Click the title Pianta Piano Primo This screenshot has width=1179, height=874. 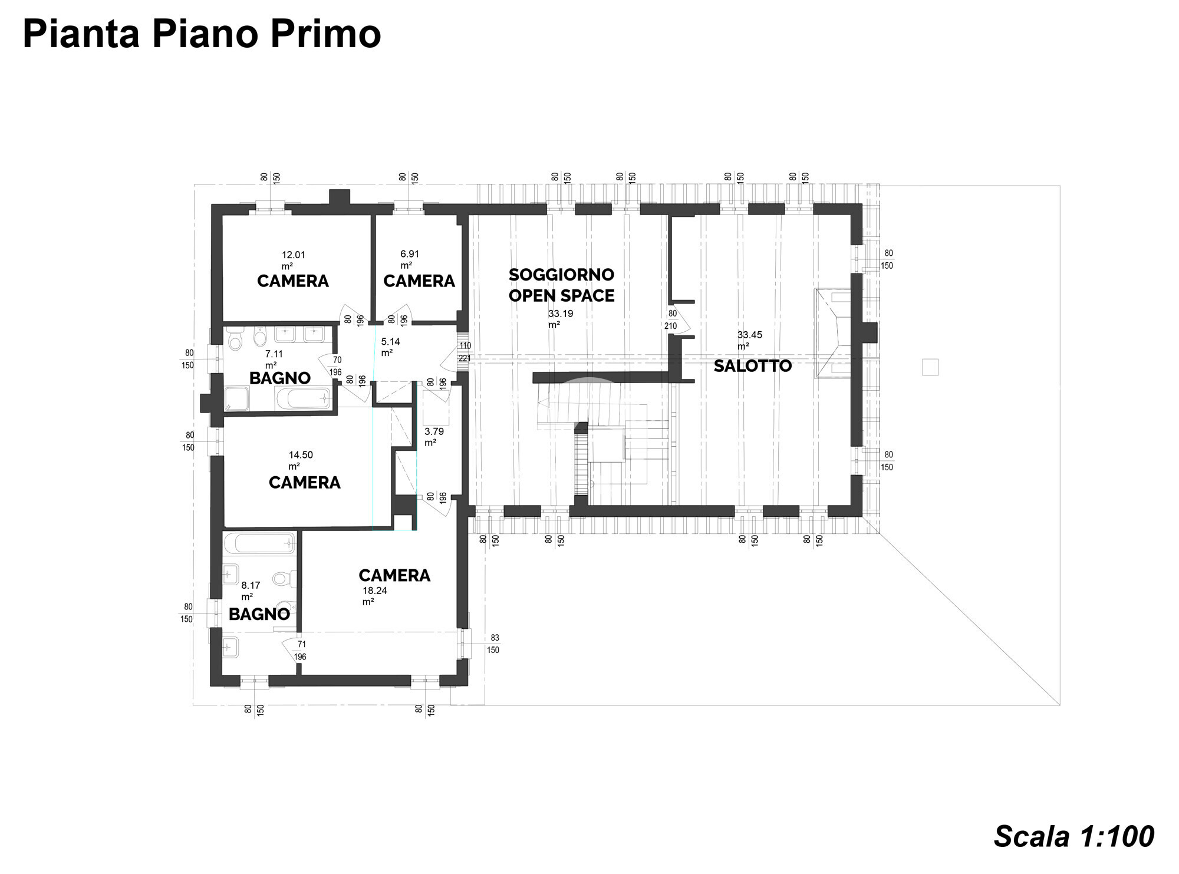pos(202,34)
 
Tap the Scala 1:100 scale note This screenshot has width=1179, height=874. pos(1073,836)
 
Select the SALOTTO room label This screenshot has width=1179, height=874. pos(753,366)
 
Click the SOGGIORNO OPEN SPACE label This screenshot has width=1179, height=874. pos(561,285)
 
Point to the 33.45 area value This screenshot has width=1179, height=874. pos(750,335)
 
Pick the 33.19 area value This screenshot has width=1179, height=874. pos(561,314)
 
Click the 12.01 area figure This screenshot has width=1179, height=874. pos(294,255)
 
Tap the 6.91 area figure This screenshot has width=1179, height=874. pos(410,254)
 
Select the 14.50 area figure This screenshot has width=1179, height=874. pos(301,455)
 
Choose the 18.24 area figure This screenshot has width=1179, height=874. pos(375,591)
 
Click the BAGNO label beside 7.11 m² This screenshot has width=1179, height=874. pos(280,378)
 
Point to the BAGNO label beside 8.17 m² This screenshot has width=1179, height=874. pos(259,615)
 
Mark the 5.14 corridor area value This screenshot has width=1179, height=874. pos(390,341)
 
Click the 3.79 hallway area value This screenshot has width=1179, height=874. pos(434,431)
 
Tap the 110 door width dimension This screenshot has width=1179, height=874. pos(465,346)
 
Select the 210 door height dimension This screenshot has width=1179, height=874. pos(670,326)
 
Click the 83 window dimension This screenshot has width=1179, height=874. pos(495,638)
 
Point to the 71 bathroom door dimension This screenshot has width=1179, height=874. pos(302,644)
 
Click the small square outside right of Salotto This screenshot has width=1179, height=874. pos(930,367)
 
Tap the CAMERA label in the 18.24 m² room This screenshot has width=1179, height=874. pos(394,575)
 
